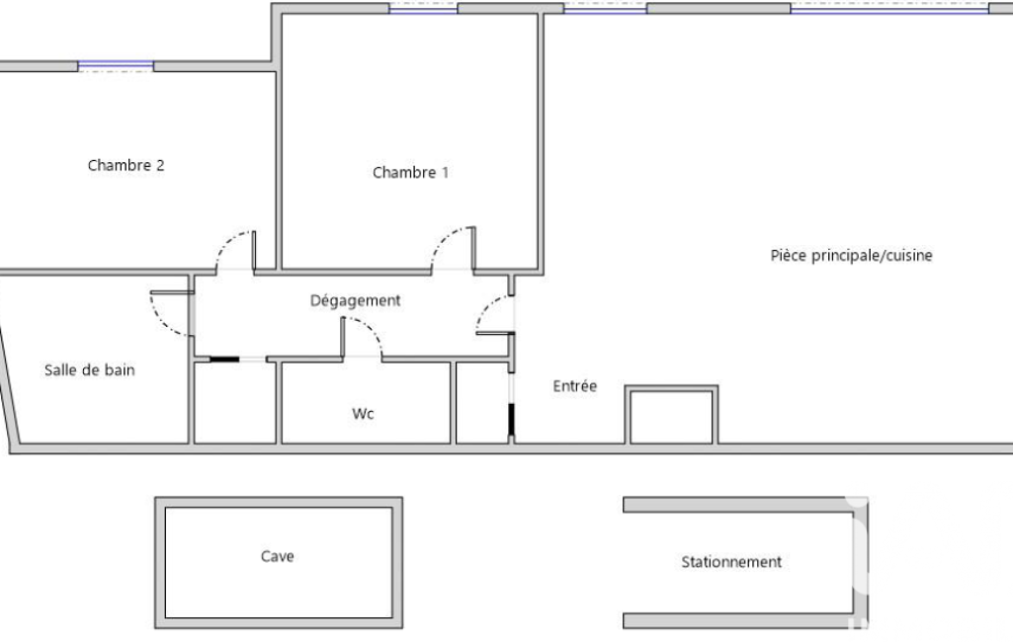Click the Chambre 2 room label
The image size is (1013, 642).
[126, 165]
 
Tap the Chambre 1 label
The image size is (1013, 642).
[410, 173]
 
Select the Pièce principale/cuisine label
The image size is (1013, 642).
[851, 256]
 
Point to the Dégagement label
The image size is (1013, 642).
[356, 301]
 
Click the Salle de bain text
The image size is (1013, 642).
[90, 370]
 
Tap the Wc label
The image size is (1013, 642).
[363, 414]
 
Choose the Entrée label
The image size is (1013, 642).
[575, 386]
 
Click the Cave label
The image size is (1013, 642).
[277, 556]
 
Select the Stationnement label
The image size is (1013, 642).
[731, 562]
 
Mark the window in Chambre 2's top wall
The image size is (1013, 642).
[116, 66]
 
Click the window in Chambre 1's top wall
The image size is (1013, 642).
[423, 9]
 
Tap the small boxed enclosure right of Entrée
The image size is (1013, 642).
[671, 415]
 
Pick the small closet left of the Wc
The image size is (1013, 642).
[235, 402]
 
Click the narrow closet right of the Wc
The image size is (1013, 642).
[482, 402]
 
